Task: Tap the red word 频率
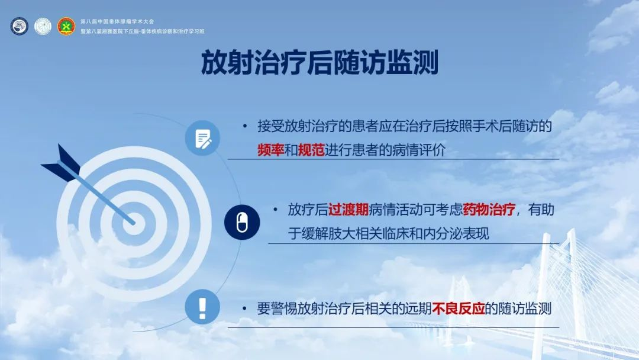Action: [270, 150]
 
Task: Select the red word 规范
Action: [311, 150]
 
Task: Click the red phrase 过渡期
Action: [348, 210]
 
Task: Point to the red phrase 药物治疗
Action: [489, 210]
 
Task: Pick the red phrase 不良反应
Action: [458, 308]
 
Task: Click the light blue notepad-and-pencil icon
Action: [202, 138]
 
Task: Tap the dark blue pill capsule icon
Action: [241, 222]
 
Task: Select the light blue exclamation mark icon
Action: [202, 307]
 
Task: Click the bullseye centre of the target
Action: [134, 224]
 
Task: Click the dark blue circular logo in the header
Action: [19, 26]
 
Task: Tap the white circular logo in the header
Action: [43, 26]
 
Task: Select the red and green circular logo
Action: [66, 26]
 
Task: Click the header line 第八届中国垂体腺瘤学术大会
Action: [117, 21]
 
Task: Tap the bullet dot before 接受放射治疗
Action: [244, 126]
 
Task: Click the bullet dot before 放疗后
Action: [276, 210]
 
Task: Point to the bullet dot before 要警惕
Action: [244, 308]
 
